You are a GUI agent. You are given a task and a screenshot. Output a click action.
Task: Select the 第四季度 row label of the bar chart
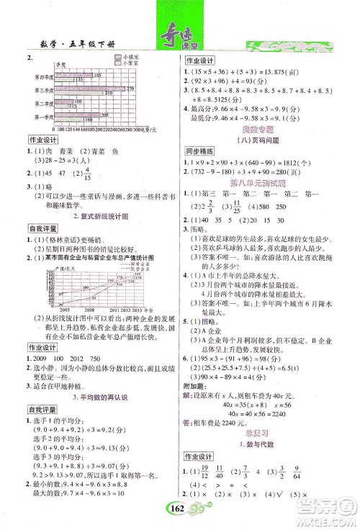pos(37,76)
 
